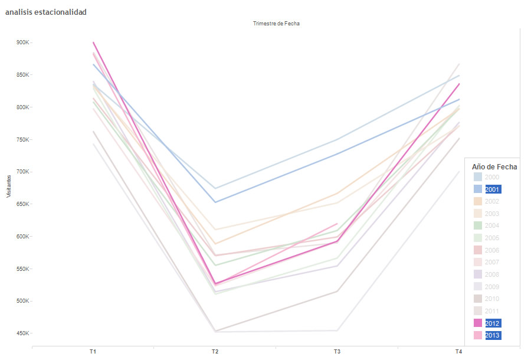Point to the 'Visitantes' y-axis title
click(9, 186)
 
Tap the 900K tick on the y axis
click(24, 42)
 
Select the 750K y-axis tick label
click(24, 139)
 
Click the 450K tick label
click(24, 333)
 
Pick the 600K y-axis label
click(24, 236)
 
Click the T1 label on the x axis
click(93, 351)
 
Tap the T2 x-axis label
click(215, 351)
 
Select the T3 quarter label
click(337, 351)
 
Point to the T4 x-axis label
click(458, 351)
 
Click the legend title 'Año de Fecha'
click(494, 167)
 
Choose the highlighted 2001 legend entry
click(493, 189)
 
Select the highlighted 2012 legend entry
click(493, 323)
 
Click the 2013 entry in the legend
click(493, 335)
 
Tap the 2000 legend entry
click(493, 177)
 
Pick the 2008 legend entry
click(493, 274)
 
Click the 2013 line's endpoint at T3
click(337, 224)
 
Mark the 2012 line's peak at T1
click(93, 42)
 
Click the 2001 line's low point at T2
click(215, 202)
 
